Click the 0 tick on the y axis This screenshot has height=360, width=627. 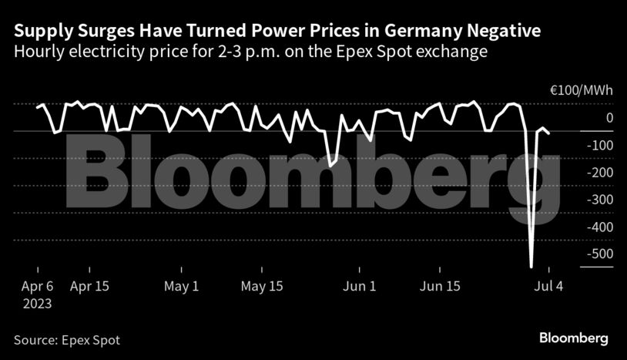pos(609,118)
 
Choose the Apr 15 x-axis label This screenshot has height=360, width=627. pos(89,286)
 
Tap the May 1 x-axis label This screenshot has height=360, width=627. pos(181,286)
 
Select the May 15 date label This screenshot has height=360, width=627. pos(262,286)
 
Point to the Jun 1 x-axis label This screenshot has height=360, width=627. pos(359,286)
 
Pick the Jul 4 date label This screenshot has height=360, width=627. pos(549,286)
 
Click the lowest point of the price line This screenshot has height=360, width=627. pos(531,267)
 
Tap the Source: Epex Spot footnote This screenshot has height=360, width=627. pos(67,339)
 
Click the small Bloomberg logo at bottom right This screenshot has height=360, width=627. pos(573,338)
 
